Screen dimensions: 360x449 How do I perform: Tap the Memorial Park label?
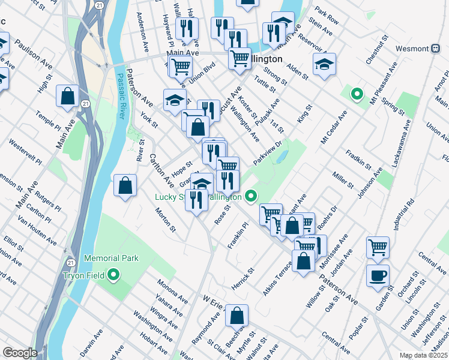tap(111, 258)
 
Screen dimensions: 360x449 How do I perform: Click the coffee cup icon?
tap(378, 275)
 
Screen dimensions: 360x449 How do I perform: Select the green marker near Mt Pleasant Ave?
tap(357, 94)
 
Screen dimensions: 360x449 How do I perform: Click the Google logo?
tap(20, 353)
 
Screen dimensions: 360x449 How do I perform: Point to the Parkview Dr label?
tap(268, 153)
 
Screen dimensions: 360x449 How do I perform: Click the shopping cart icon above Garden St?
tap(378, 247)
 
